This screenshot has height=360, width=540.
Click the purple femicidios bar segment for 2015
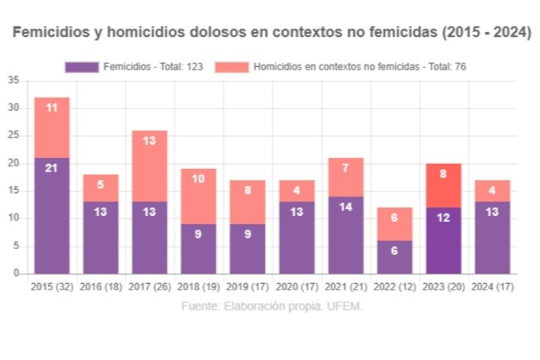pos(52,216)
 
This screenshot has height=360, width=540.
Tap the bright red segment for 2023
pos(443,185)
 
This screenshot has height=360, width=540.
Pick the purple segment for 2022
pos(394,257)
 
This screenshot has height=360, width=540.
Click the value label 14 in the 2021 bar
pos(345,206)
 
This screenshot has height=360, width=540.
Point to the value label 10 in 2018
pos(198,179)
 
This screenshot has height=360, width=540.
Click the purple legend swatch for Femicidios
pos(81,67)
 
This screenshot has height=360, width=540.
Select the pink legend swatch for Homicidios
pos(232,67)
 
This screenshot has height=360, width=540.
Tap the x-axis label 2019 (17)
pos(247,288)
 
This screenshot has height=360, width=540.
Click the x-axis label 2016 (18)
pos(101,288)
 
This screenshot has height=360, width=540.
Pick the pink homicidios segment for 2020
pos(296,191)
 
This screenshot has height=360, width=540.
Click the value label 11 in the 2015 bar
pos(52,108)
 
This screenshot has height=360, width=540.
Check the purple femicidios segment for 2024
pos(492,238)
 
